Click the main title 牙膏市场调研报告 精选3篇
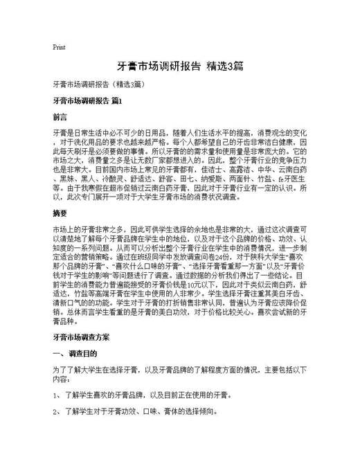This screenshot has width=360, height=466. pos(180,67)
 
